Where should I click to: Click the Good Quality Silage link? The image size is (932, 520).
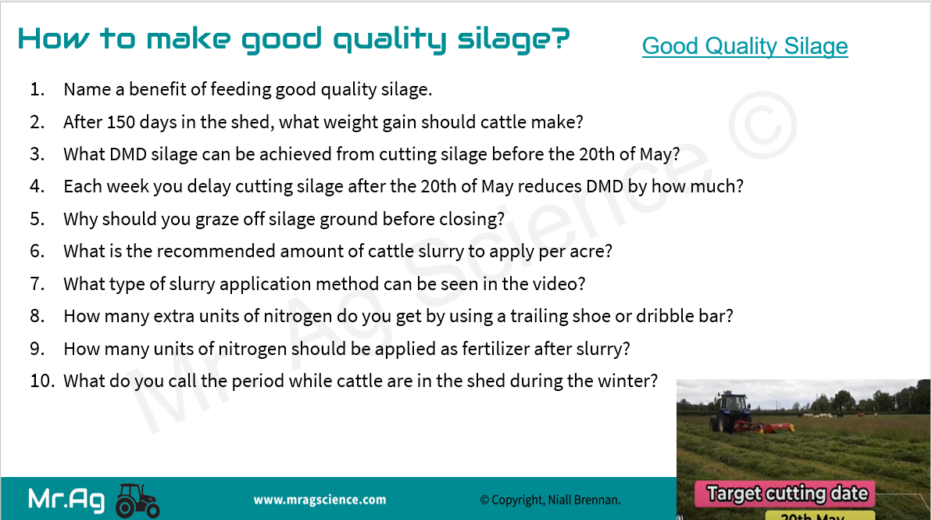coord(745,46)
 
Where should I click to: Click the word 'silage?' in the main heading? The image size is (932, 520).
coord(513,40)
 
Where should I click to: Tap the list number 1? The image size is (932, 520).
coord(37,89)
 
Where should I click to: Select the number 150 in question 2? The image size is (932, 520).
coord(120,122)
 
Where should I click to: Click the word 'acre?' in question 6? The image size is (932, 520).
coord(591,252)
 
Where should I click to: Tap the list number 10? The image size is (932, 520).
coord(41,381)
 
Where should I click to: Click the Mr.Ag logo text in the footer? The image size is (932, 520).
coord(66,499)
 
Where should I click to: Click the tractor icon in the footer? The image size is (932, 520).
coord(137,500)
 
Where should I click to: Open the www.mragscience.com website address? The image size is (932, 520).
coord(320,500)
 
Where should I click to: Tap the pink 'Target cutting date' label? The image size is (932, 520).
coord(787,494)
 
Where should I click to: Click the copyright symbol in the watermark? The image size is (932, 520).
coord(762,125)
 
